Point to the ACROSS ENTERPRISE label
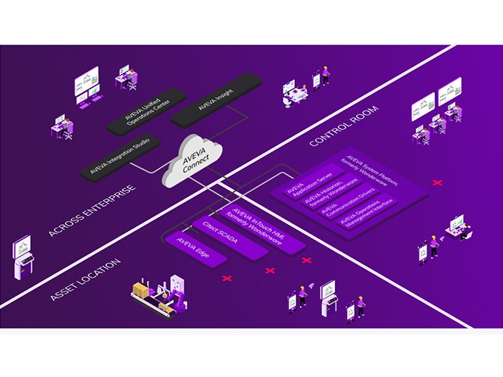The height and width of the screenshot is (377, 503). pos(91,209)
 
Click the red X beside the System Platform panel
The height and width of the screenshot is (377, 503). pos(436,182)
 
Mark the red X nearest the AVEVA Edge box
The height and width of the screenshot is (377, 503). pos(227,279)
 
